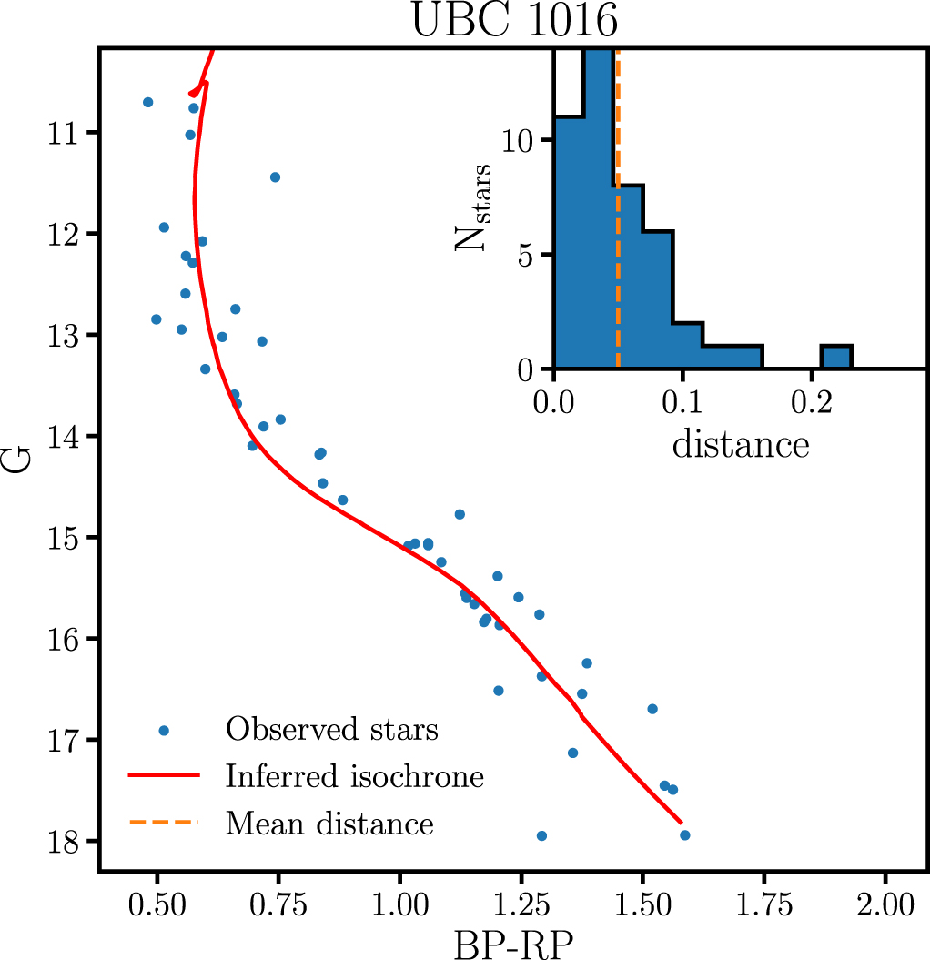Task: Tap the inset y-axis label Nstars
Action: [480, 207]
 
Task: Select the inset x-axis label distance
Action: [740, 445]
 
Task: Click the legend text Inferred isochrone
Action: [355, 777]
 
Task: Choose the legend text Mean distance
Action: [329, 824]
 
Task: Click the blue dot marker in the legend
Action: [164, 730]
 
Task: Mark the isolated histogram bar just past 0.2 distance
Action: [836, 358]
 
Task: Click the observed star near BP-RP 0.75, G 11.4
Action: [275, 177]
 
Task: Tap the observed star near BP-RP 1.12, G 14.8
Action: [460, 514]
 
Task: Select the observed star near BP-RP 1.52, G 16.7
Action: [652, 709]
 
